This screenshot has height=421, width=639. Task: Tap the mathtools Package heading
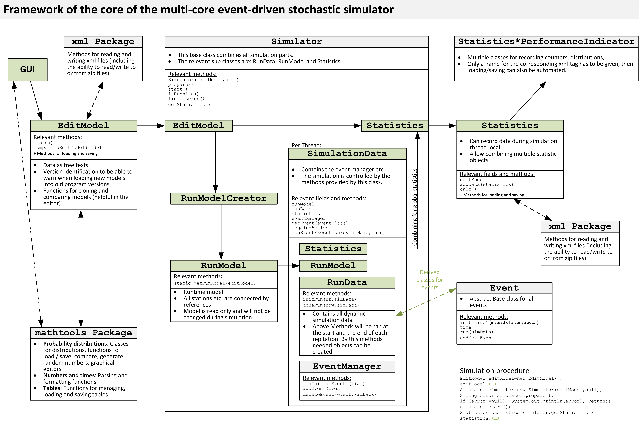(83, 333)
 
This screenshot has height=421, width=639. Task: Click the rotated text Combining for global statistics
(415, 207)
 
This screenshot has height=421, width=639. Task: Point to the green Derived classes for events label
(429, 280)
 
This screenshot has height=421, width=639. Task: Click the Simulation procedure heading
(494, 371)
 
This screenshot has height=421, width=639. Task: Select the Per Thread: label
(306, 145)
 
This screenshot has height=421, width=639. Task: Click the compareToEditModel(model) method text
(69, 148)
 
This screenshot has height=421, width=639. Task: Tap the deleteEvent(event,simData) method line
(339, 394)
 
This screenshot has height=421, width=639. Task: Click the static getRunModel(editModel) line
(215, 283)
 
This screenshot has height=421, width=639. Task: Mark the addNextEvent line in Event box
(477, 338)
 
